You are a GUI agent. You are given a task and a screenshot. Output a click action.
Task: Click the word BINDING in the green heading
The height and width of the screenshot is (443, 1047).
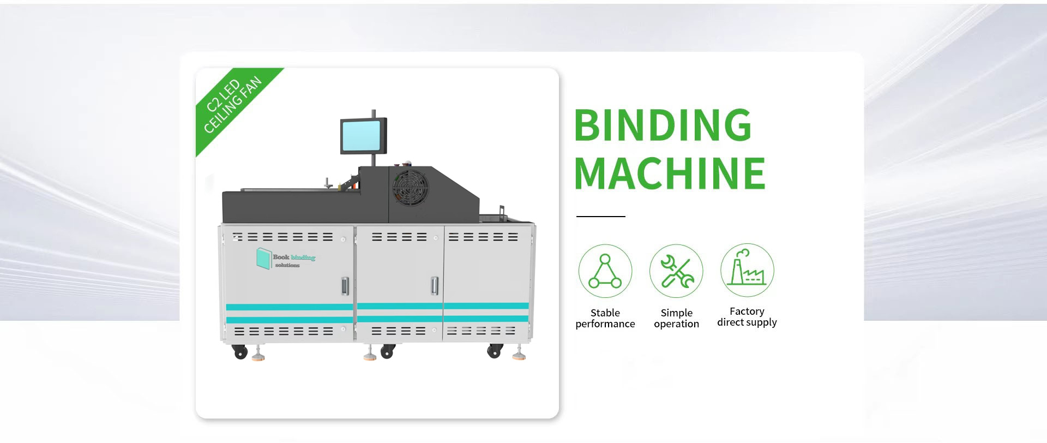[x=663, y=125]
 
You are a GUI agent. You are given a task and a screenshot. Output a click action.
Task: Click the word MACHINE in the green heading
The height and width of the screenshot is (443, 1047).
[x=670, y=173]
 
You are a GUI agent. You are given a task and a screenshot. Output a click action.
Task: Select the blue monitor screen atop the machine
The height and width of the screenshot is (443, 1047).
[x=360, y=136]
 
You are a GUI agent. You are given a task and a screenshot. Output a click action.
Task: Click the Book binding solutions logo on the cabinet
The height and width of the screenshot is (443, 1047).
[x=286, y=258]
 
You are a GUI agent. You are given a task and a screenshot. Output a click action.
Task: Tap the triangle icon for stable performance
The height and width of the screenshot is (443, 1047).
[x=605, y=271]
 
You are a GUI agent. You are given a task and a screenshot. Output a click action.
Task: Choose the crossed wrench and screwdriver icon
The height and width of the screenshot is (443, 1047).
[x=676, y=271]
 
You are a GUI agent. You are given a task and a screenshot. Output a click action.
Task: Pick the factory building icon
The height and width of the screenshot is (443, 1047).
[x=747, y=270]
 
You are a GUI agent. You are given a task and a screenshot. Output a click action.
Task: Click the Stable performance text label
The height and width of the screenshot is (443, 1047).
[x=605, y=318]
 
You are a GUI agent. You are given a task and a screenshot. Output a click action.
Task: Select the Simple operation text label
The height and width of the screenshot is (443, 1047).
[x=676, y=318]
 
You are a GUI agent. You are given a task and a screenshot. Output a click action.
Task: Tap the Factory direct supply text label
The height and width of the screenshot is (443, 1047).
[x=747, y=316]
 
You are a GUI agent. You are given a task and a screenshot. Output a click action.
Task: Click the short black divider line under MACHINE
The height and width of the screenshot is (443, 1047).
[x=600, y=217]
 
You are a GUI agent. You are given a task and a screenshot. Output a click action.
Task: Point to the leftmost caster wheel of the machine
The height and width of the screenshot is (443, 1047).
[x=239, y=353]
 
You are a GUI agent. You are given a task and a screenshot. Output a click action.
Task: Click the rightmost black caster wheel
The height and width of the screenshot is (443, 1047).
[x=494, y=352]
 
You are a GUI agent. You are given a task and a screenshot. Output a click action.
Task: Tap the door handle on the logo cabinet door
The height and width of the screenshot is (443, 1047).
[x=345, y=285]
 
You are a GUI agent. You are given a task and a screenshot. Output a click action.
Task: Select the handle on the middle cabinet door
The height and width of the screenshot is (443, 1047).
[x=434, y=285]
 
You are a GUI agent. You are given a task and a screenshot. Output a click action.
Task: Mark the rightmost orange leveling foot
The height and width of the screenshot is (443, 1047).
[x=519, y=357]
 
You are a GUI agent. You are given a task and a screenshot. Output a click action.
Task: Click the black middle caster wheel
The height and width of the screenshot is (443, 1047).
[x=387, y=352]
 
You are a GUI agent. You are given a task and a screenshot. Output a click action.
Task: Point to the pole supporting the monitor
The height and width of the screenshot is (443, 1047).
[x=374, y=160]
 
